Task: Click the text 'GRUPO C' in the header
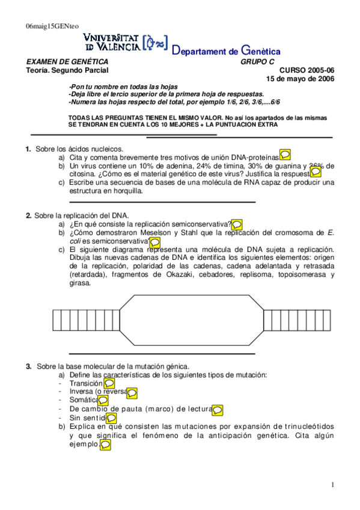(258, 62)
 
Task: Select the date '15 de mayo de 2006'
(301, 79)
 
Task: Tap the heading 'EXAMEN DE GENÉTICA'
(67, 62)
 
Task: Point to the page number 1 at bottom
(332, 485)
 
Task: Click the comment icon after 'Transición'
(109, 383)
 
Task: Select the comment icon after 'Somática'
(103, 400)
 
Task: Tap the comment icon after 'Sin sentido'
(111, 417)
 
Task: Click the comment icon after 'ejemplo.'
(105, 445)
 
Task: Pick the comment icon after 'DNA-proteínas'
(286, 156)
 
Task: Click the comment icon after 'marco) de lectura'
(218, 410)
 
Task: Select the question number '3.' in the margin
(28, 366)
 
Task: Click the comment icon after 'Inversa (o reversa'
(132, 392)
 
